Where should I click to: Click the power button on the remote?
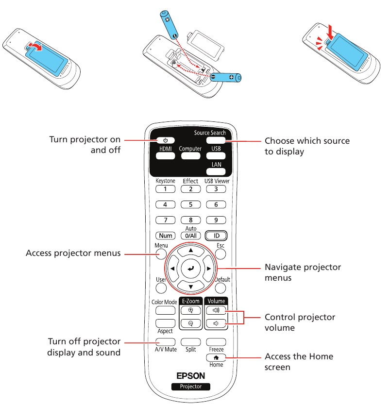click(165, 140)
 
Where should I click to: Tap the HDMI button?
click(165, 156)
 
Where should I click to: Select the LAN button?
click(216, 172)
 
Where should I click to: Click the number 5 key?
click(190, 204)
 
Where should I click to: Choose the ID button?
click(216, 236)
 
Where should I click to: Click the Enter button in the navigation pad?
click(190, 268)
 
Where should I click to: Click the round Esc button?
click(220, 253)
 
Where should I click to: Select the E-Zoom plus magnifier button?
click(190, 310)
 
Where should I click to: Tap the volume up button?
click(216, 310)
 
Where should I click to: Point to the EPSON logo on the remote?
click(190, 375)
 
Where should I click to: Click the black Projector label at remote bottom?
click(190, 387)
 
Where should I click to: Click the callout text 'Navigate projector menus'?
click(303, 272)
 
